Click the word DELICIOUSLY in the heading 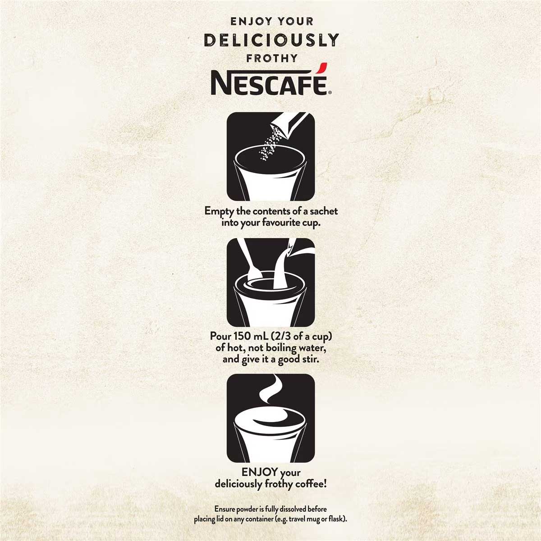point(271,40)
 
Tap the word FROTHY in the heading point(271,58)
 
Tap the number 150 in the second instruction point(240,336)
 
